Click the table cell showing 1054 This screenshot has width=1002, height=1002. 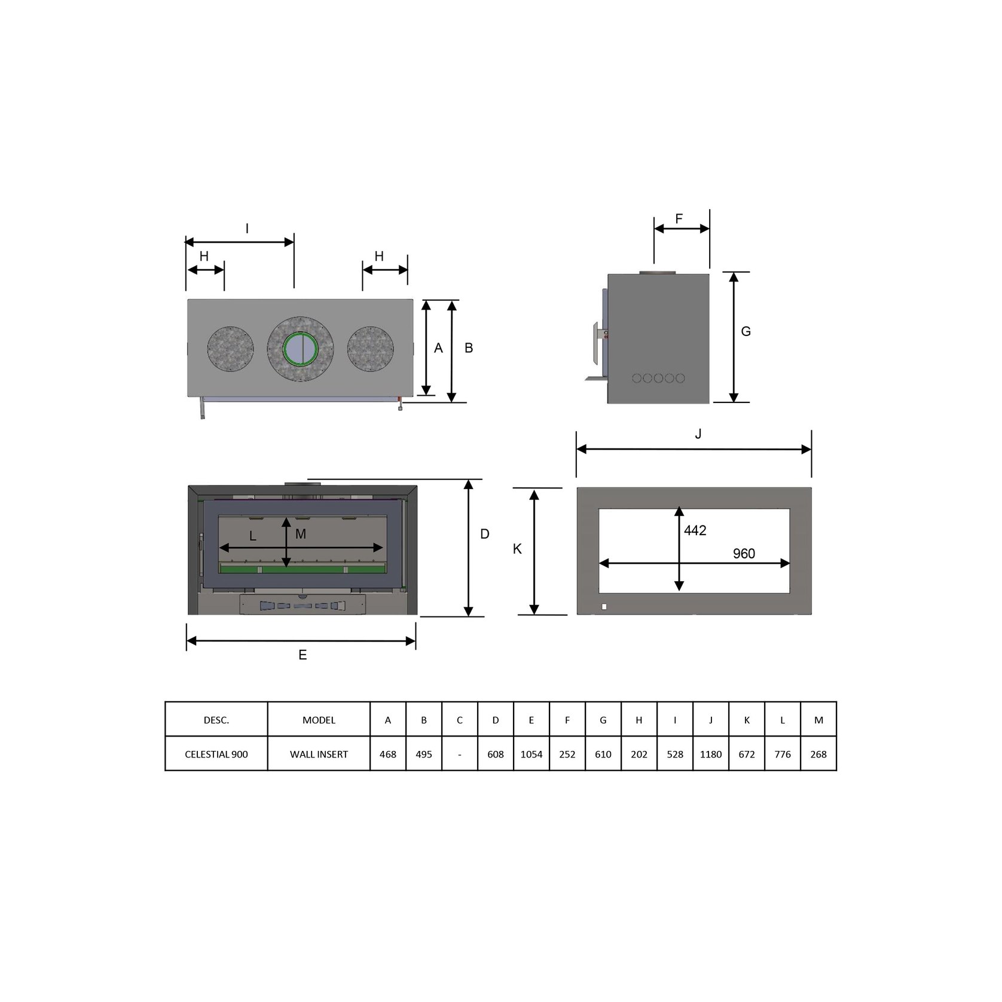(531, 754)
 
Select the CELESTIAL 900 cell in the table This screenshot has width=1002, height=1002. (216, 754)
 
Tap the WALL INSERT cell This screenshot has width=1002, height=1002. (319, 754)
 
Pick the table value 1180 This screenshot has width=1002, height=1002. (711, 754)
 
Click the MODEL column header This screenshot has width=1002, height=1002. (319, 720)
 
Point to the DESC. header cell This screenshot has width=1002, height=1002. (216, 720)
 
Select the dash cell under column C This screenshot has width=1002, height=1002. (459, 754)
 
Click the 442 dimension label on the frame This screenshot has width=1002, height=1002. (695, 530)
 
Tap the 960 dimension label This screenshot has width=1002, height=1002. (744, 554)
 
